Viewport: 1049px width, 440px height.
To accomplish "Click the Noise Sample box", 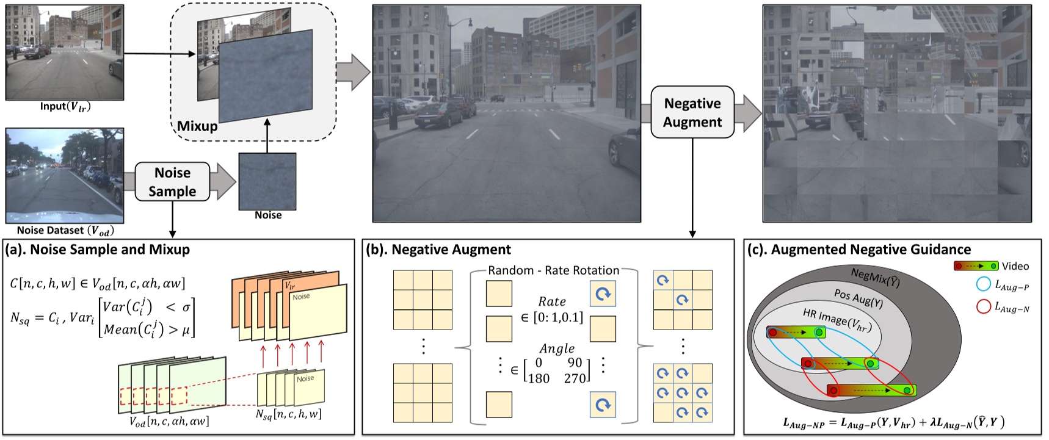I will click(x=172, y=182).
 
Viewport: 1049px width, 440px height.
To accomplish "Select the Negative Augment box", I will click(x=692, y=112).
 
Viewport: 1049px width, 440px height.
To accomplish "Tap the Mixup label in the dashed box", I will click(x=197, y=126).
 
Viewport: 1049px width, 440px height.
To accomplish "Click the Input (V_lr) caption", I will click(x=65, y=107).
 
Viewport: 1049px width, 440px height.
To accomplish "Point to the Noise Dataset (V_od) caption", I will click(x=65, y=231).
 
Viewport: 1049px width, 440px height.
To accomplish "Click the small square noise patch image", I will click(x=267, y=181).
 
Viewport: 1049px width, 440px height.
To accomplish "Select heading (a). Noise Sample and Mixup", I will click(x=98, y=250).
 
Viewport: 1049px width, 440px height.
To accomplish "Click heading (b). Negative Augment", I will click(x=438, y=250).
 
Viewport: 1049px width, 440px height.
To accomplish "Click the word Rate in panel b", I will click(x=551, y=301).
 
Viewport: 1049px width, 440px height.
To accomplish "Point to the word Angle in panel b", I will click(x=556, y=348).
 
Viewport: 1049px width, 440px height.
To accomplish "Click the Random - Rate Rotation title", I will click(x=554, y=270).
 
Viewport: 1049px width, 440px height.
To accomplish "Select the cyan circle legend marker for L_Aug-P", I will click(x=983, y=284).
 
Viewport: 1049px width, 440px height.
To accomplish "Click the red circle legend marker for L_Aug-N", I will click(x=983, y=306).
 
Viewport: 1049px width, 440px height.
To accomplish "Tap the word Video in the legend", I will click(x=1015, y=266).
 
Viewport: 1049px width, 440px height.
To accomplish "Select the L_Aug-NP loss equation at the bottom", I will click(x=893, y=422).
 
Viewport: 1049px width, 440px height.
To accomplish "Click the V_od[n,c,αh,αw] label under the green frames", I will click(x=169, y=421).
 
